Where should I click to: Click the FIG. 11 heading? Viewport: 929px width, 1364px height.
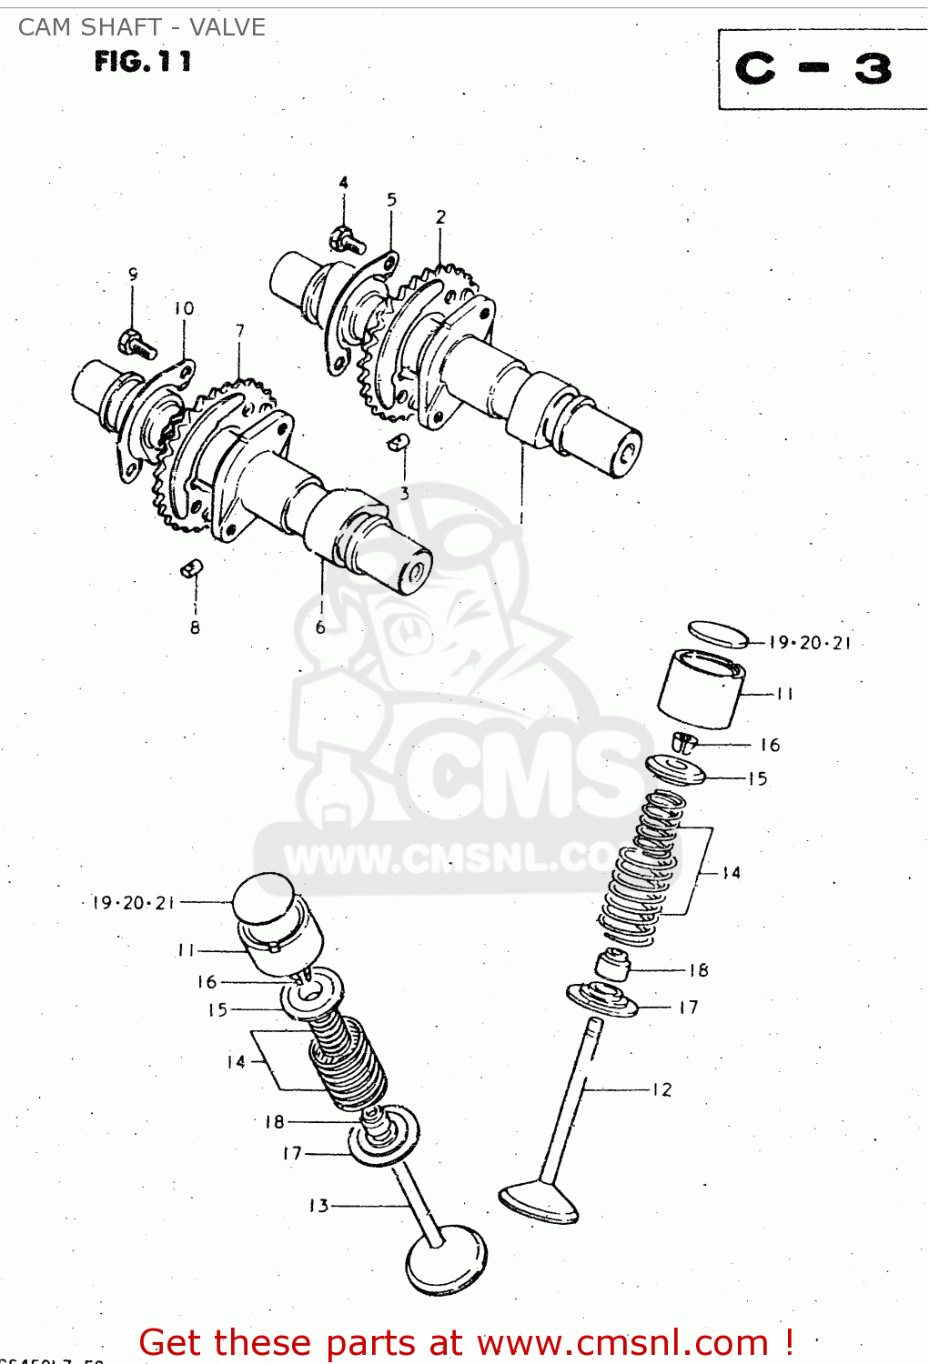(x=143, y=62)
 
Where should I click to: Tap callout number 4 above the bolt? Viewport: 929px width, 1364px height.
(x=343, y=183)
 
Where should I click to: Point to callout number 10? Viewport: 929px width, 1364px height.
(x=184, y=308)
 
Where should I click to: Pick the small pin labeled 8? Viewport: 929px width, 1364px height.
(x=192, y=568)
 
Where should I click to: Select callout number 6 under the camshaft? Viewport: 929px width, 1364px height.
(x=320, y=627)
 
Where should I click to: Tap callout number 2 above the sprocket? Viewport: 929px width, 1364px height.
(x=440, y=216)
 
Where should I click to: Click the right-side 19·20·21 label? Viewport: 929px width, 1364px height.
(x=810, y=643)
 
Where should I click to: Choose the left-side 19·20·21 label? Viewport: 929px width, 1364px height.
(x=133, y=903)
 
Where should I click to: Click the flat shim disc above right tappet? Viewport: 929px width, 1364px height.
(x=717, y=633)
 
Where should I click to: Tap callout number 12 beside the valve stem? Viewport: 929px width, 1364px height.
(x=661, y=1089)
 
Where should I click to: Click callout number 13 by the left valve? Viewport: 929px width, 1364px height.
(x=318, y=1206)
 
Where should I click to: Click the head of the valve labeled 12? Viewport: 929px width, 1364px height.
(x=539, y=1200)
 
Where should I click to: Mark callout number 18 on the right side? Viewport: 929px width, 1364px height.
(x=698, y=970)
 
